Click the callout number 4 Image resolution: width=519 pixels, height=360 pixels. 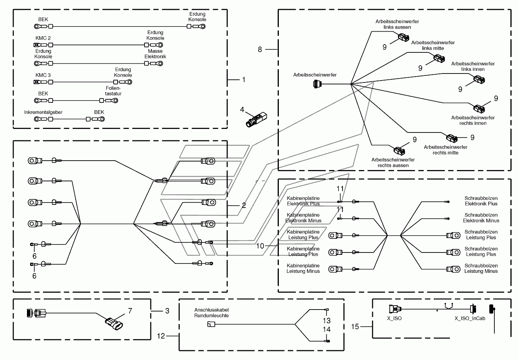point(242,109)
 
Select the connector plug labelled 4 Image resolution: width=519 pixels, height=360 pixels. point(256,120)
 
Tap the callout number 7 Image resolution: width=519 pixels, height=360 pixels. point(130,311)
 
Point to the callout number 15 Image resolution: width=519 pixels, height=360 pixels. point(355,327)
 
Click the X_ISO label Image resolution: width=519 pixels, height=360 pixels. point(394,318)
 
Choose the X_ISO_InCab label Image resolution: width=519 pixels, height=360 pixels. point(470,318)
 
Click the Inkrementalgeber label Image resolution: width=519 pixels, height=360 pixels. point(43,112)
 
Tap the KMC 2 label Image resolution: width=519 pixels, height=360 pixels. point(43,38)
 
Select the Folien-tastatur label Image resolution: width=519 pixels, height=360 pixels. point(113,91)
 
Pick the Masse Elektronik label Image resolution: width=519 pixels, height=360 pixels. point(155,54)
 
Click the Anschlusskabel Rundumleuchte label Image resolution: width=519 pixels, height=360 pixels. point(211,313)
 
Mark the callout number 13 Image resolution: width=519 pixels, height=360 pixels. point(327,321)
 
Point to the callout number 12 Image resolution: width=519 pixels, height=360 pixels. point(161,336)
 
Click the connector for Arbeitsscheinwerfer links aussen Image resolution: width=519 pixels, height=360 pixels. point(403,38)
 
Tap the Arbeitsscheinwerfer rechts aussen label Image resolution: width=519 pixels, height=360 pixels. point(393,162)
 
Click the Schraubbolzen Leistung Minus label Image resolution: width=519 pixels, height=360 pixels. point(481,269)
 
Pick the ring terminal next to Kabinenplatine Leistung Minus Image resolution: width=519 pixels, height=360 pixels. point(335,269)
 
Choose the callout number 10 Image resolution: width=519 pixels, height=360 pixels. point(260,246)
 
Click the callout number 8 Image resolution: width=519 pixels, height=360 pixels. point(260,49)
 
